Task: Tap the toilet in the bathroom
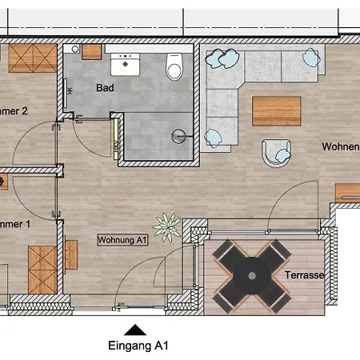174,68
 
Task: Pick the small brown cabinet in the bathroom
92,52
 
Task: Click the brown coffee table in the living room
276,110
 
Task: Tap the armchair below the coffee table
276,153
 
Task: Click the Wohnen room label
340,147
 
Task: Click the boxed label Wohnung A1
122,239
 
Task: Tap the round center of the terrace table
252,274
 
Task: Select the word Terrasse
305,274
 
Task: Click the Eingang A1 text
138,346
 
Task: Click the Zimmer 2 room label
14,111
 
